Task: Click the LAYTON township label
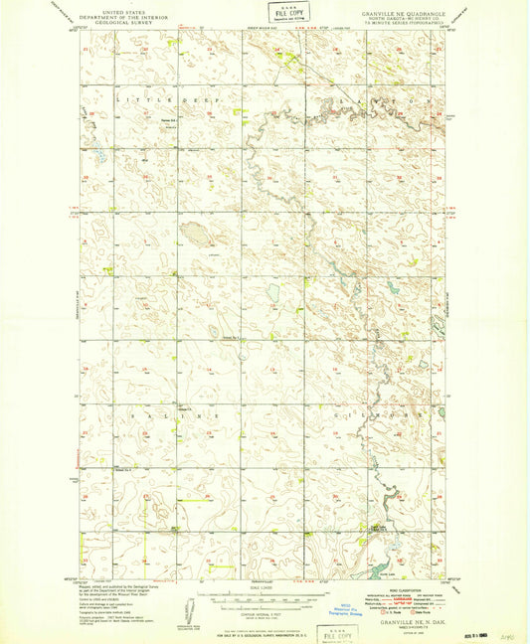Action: [x=398, y=101]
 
